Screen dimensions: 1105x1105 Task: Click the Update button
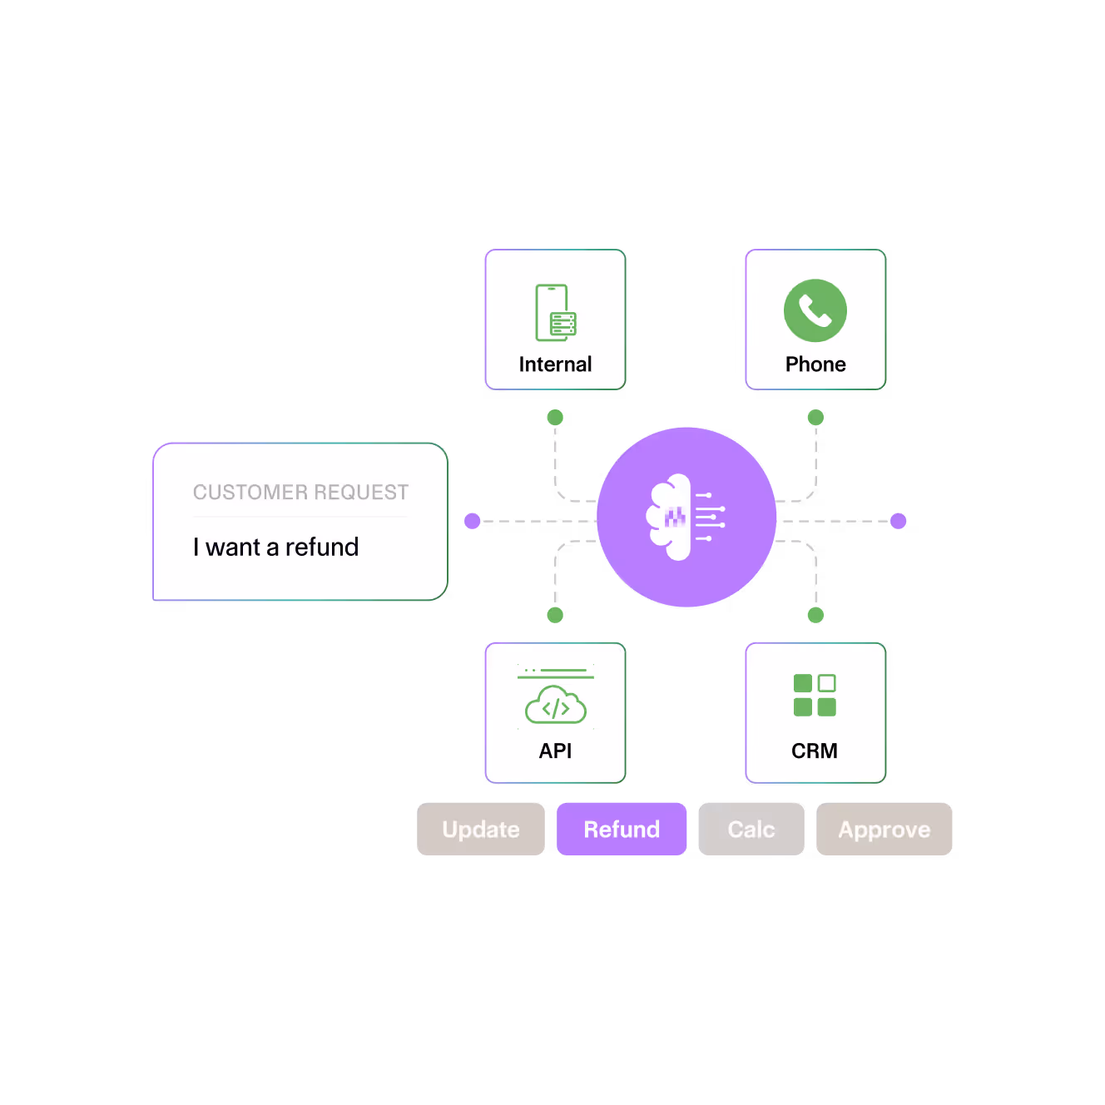click(481, 829)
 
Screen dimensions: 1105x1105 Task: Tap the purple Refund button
click(622, 829)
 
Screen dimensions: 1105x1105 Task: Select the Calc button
click(751, 829)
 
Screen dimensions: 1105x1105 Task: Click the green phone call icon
click(815, 310)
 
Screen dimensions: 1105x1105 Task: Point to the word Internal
click(555, 364)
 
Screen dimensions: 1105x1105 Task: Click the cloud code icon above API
click(556, 705)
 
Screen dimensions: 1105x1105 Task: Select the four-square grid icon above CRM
click(815, 695)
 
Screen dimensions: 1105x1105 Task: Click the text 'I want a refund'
click(275, 547)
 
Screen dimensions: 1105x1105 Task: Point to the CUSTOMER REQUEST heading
click(300, 492)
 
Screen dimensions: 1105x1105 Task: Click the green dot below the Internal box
click(555, 418)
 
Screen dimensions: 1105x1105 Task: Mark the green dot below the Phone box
click(815, 418)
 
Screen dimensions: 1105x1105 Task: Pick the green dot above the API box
click(555, 615)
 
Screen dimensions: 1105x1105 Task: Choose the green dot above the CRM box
click(815, 615)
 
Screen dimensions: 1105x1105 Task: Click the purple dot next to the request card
click(473, 521)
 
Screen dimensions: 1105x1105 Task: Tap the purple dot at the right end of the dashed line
click(898, 521)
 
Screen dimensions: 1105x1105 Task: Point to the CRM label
click(815, 751)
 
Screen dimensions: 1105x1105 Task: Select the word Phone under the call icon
click(815, 364)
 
